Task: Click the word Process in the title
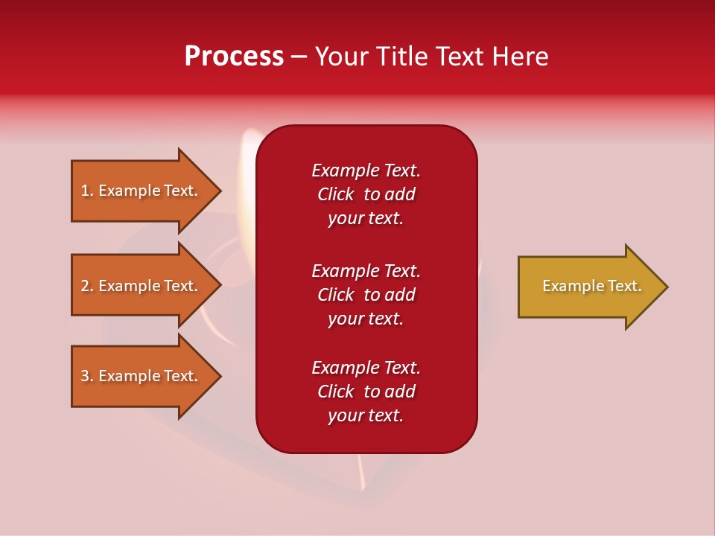(234, 57)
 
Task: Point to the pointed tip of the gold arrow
(665, 287)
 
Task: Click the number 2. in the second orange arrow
(87, 286)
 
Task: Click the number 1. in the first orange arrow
(87, 191)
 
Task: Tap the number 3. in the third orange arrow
(87, 376)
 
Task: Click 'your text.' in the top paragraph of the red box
(366, 219)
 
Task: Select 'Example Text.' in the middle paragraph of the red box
(366, 271)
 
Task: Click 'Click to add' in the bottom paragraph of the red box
(366, 392)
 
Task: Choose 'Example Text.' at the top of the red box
(366, 170)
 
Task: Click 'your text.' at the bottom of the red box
(366, 415)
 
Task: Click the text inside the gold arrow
(592, 286)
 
